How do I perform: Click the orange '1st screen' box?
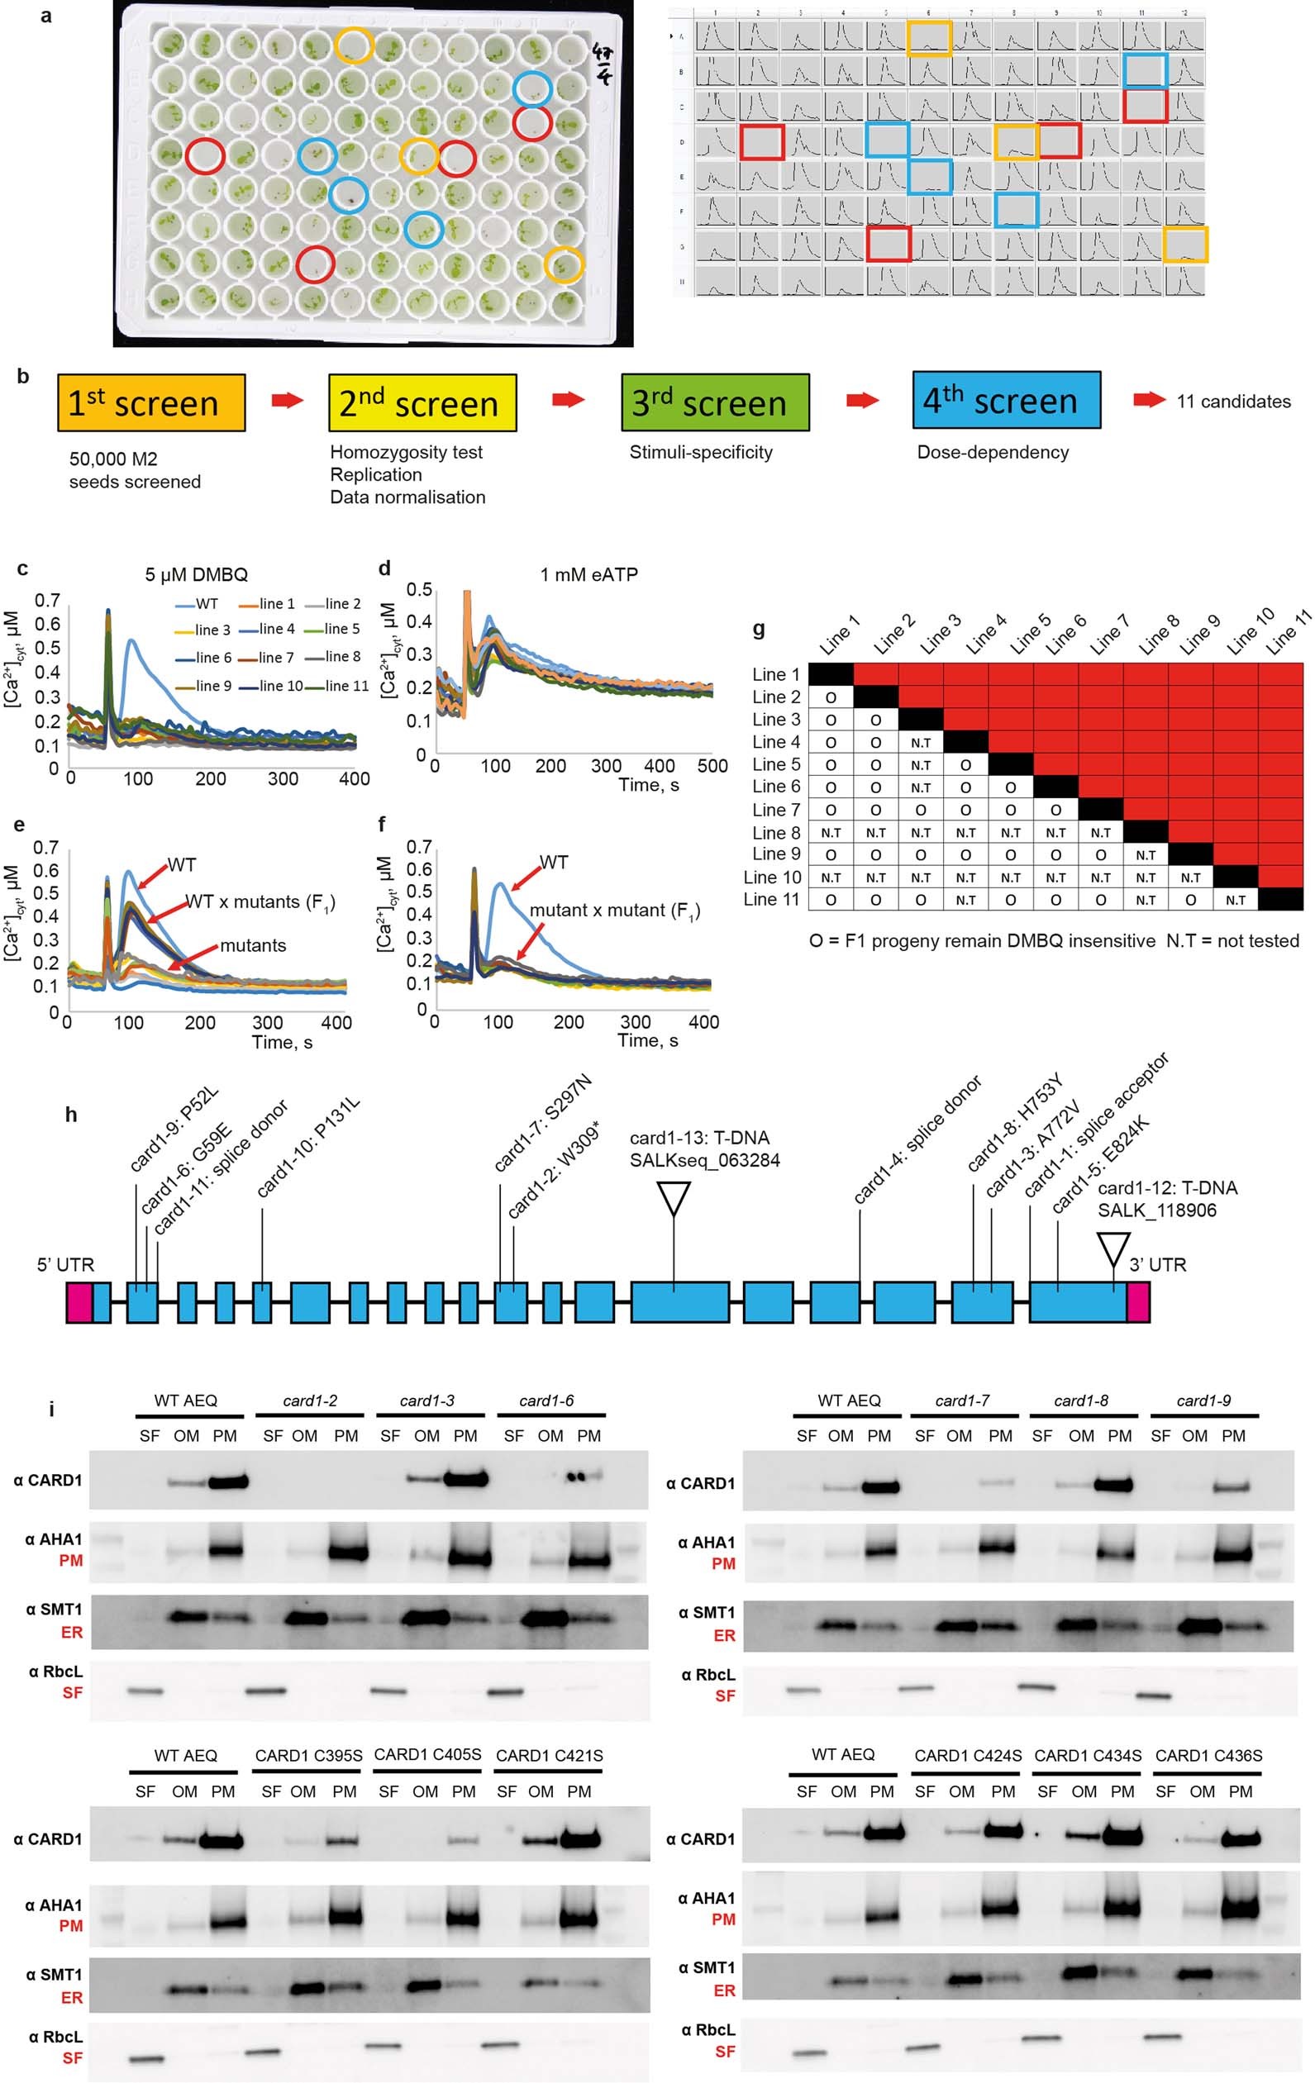coord(151,403)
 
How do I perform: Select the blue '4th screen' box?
coord(1006,400)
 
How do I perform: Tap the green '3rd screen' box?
coord(715,402)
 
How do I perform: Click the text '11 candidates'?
coord(1233,402)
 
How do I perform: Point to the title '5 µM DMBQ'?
coord(197,574)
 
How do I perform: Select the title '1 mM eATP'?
coord(588,574)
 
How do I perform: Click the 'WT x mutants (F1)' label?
coord(260,902)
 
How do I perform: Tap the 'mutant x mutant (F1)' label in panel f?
coord(614,911)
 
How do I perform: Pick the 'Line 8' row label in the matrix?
coord(776,832)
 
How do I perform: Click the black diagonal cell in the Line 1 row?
coord(831,675)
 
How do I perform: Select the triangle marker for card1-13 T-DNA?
coord(674,1199)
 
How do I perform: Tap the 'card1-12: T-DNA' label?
coord(1166,1187)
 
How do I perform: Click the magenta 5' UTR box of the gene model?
coord(79,1303)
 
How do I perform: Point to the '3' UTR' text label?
coord(1156,1265)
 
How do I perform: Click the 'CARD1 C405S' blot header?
coord(427,1754)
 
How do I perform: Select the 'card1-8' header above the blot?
coord(1080,1401)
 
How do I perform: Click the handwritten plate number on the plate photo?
coord(603,65)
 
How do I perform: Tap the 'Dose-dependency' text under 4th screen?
coord(993,453)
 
